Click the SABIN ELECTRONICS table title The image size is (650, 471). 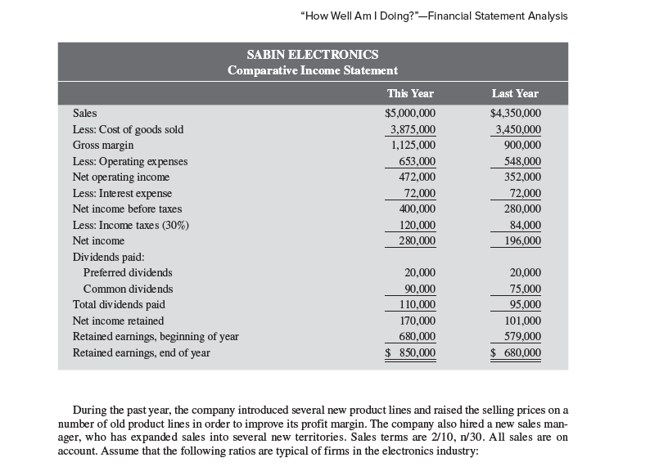pyautogui.click(x=313, y=54)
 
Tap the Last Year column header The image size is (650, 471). pyautogui.click(x=515, y=93)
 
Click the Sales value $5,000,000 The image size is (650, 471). pyautogui.click(x=410, y=114)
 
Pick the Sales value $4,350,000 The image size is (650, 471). pyautogui.click(x=516, y=114)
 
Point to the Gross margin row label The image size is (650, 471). pyautogui.click(x=103, y=145)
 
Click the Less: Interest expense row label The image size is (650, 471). pyautogui.click(x=123, y=193)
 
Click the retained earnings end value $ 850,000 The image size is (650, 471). pyautogui.click(x=411, y=352)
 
